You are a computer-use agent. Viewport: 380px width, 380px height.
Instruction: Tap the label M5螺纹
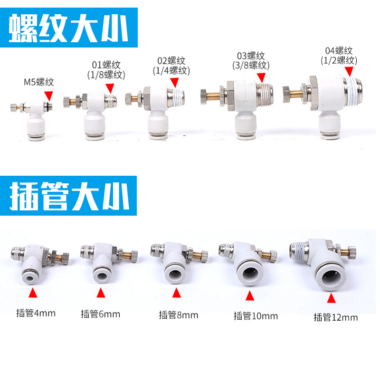click(39, 82)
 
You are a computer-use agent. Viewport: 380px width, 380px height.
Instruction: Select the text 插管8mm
click(179, 314)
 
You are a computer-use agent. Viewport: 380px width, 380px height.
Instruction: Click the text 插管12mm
click(335, 317)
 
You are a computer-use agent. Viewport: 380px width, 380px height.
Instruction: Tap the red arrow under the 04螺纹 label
click(349, 70)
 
